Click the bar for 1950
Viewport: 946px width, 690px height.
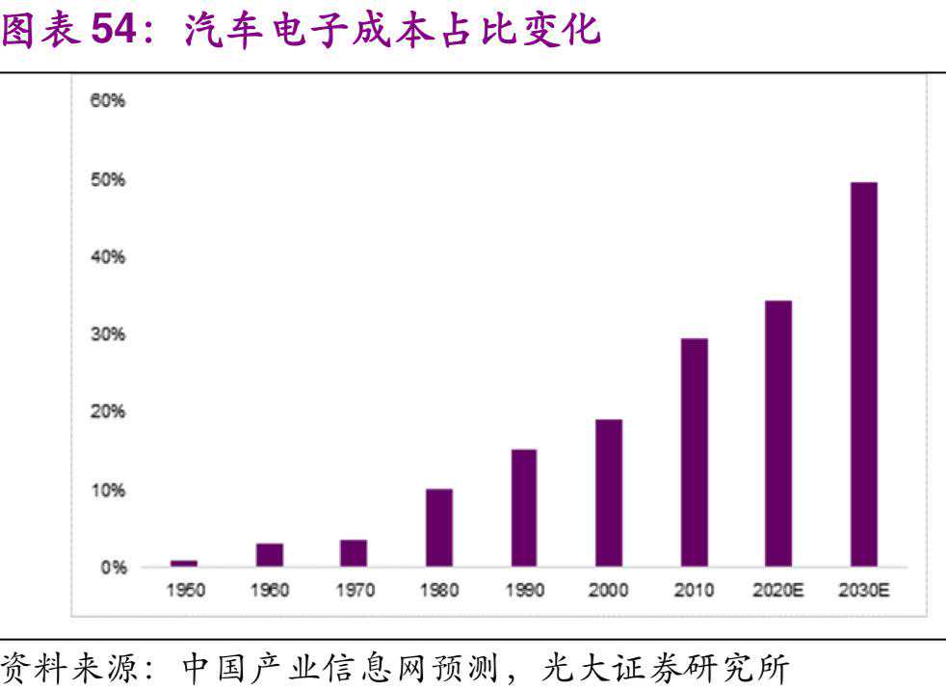(184, 563)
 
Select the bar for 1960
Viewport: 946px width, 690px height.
(270, 554)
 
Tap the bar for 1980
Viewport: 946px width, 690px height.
(438, 527)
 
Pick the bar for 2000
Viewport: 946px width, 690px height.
(609, 492)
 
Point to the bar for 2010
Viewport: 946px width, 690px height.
(694, 452)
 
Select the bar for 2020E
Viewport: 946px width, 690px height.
(778, 434)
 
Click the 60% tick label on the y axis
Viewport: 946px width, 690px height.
(109, 101)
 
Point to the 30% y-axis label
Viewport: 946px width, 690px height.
(109, 334)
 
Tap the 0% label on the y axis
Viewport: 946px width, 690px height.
(114, 567)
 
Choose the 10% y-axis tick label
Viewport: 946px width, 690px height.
(109, 490)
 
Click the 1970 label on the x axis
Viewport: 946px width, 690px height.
(355, 591)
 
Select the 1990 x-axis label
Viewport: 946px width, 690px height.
(524, 591)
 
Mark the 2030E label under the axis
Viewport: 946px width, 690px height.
(863, 591)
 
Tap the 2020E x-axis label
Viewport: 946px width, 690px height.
(778, 591)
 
